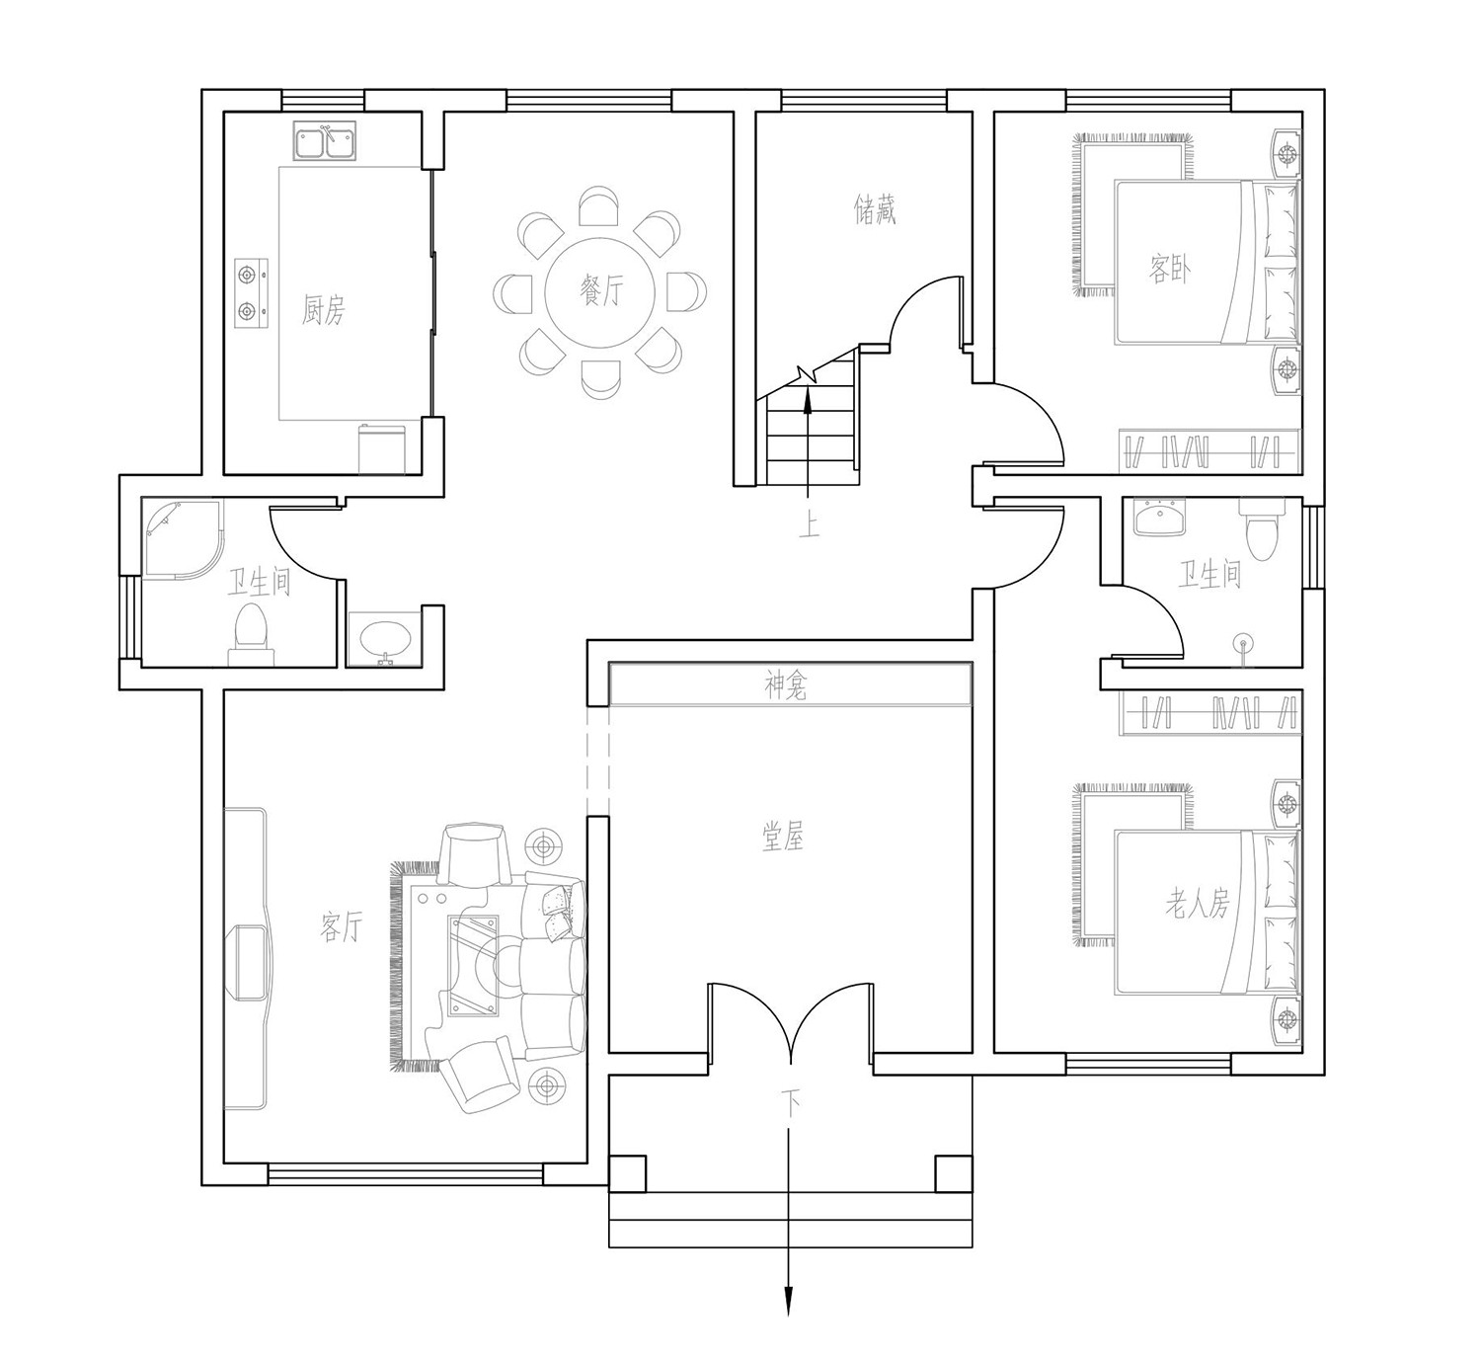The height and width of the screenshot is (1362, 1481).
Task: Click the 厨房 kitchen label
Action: (324, 309)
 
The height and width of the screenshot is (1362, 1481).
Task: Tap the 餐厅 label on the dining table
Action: (601, 290)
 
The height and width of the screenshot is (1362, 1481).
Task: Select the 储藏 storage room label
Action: (875, 209)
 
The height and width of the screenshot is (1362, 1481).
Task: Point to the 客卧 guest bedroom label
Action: (1170, 269)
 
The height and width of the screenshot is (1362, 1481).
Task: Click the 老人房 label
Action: (1198, 903)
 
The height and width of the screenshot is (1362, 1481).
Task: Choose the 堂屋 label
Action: (783, 837)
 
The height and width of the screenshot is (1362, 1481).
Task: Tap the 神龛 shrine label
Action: (786, 686)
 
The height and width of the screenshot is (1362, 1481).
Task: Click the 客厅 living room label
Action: (342, 926)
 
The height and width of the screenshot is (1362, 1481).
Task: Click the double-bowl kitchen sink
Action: (325, 142)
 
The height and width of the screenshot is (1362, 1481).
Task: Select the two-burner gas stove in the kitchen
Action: (252, 293)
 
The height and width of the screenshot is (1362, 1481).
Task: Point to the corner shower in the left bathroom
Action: (182, 540)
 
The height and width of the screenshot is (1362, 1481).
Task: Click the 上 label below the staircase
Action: (810, 525)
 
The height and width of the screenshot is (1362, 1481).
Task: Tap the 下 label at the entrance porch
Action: (790, 1105)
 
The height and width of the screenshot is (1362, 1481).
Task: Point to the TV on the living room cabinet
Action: (251, 962)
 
